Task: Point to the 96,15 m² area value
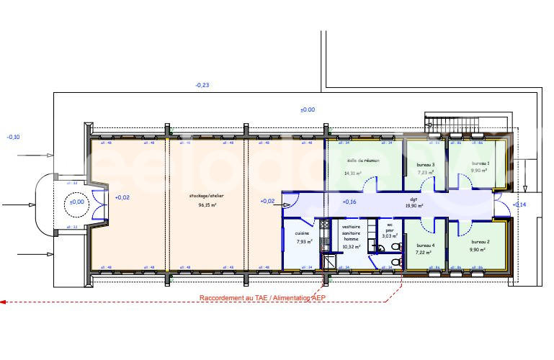pos(207,204)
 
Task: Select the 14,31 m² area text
pos(353,173)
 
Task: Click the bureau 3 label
pos(426,165)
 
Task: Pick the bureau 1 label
pos(481,163)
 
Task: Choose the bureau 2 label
pos(480,241)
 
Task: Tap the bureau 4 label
pos(425,245)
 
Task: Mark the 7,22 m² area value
pos(424,253)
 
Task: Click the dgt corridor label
pos(414,199)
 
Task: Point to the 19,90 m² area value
pos(415,206)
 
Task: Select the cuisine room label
pos(303,233)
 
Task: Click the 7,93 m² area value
pos(304,241)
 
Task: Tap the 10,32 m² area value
pos(351,246)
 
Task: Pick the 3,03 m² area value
pos(390,235)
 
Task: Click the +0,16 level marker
pos(349,202)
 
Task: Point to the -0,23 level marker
pos(202,86)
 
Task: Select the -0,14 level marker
pos(519,205)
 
